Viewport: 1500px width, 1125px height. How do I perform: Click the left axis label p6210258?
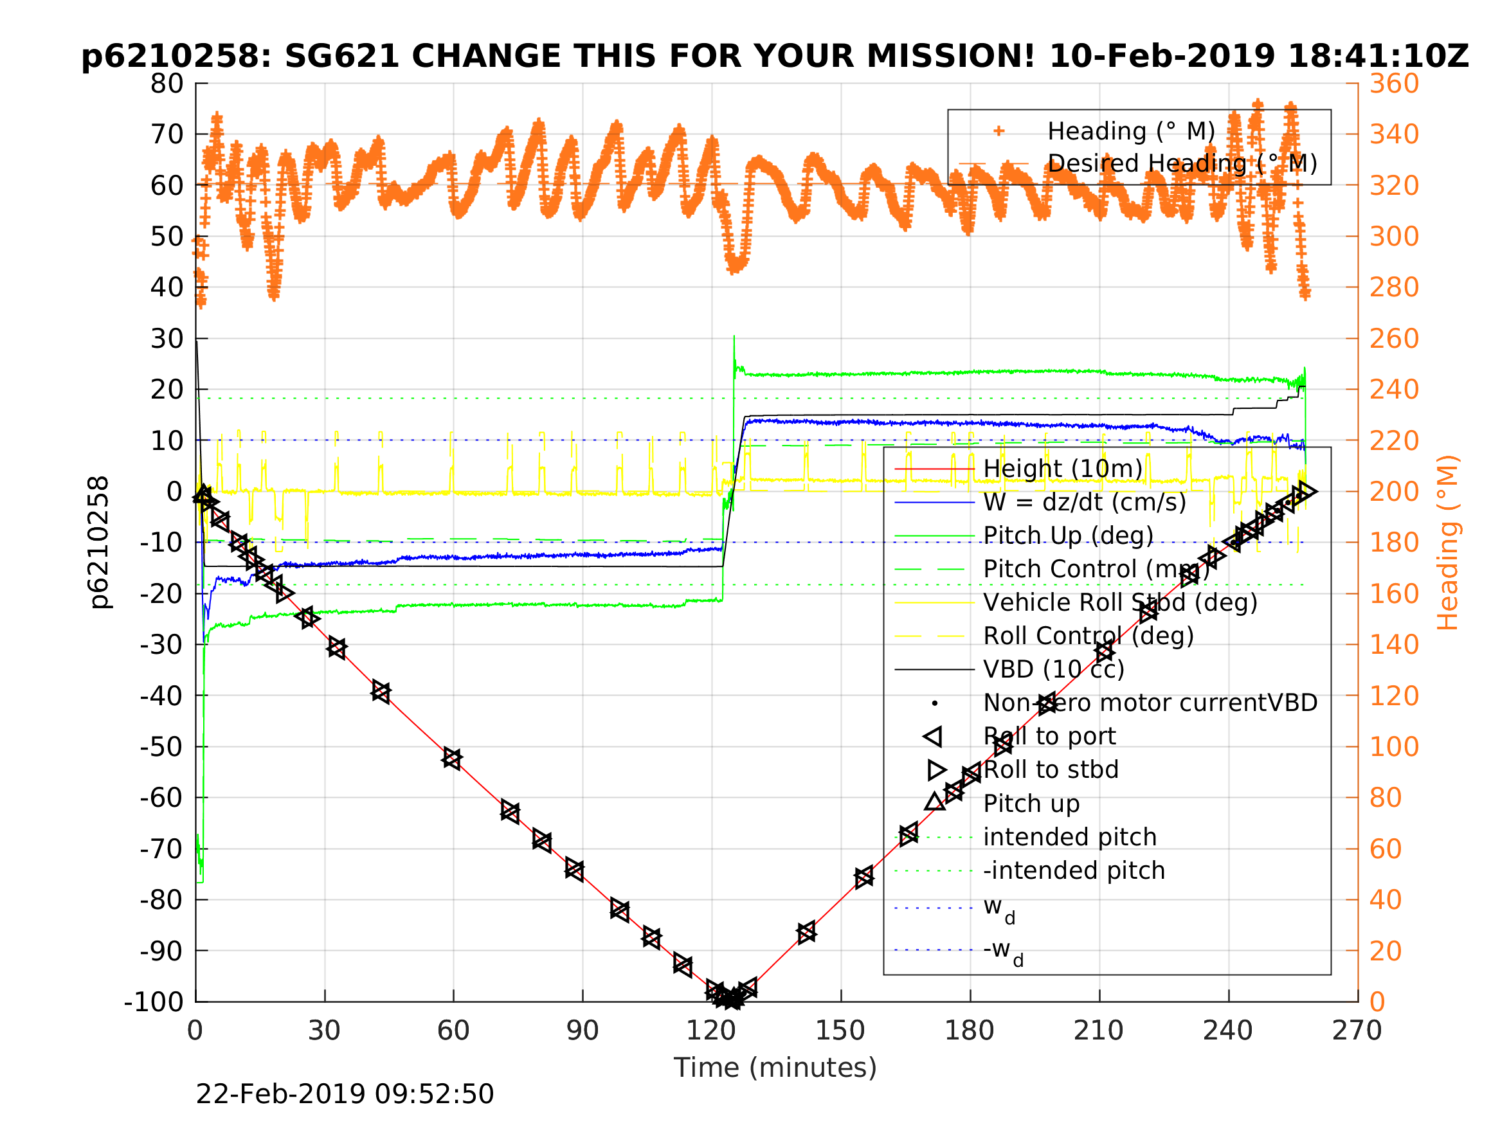coord(100,543)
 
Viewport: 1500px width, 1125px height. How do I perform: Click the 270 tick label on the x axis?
coord(1357,1030)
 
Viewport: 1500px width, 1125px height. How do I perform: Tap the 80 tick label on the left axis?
coord(167,84)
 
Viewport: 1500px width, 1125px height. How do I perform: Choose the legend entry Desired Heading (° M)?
coord(1182,163)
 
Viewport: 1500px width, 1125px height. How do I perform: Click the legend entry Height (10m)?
coord(1063,469)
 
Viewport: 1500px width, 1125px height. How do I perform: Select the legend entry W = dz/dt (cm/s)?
coord(1084,503)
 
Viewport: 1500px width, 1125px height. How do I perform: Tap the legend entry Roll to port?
coord(1049,737)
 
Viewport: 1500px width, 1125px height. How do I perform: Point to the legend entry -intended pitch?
coord(1074,870)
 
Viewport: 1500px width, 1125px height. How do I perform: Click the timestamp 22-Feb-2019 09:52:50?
coord(345,1095)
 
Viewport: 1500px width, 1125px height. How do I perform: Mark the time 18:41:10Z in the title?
coord(1377,57)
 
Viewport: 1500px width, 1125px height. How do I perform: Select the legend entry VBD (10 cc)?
coord(1054,669)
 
